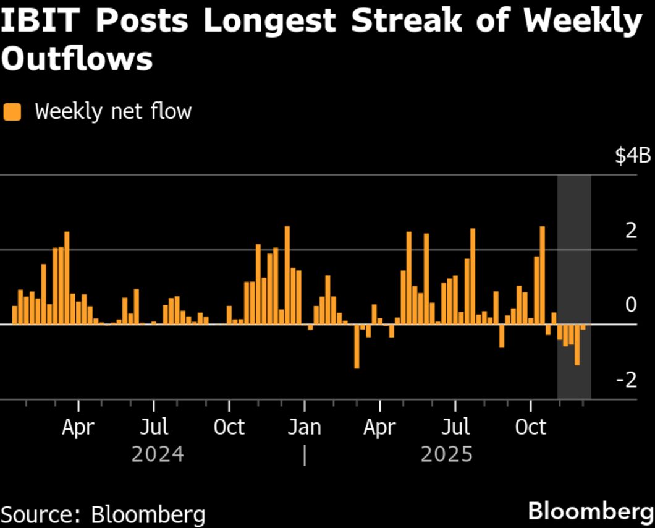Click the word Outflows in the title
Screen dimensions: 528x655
(78, 60)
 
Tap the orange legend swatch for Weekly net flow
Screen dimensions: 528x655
(12, 112)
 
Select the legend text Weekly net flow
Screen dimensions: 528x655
(113, 112)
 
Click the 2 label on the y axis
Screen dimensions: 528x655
(630, 231)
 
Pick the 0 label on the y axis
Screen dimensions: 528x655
(630, 305)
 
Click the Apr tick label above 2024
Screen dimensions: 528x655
(78, 427)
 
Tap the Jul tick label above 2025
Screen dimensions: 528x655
(455, 427)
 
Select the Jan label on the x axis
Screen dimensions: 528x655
(304, 427)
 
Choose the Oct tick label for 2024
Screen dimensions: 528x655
(229, 427)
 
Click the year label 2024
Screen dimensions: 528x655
(158, 454)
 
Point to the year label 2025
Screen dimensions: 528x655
(447, 454)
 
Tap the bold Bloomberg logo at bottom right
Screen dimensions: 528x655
(590, 512)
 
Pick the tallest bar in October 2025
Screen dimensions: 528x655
(542, 275)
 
